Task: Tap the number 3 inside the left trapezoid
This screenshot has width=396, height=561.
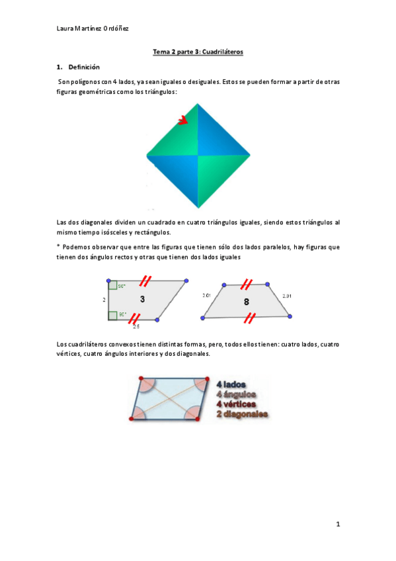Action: click(x=142, y=300)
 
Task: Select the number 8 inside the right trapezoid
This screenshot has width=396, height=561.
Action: click(x=246, y=302)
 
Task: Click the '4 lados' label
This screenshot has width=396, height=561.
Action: click(x=231, y=383)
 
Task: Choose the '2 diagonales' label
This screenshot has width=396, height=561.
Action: click(x=242, y=414)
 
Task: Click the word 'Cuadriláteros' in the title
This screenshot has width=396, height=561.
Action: click(x=223, y=51)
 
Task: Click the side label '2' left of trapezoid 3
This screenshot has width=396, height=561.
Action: click(x=103, y=300)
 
